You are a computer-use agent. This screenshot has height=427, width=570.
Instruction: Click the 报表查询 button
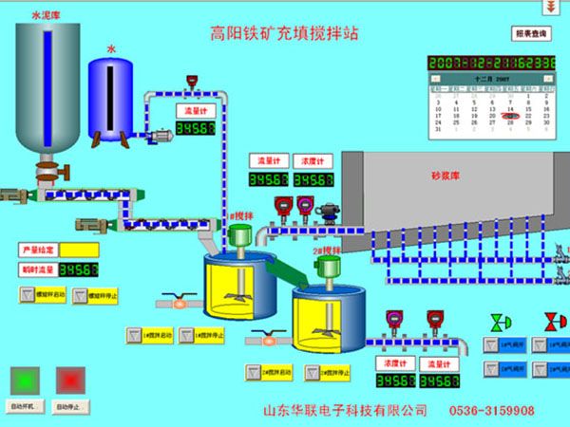[x=531, y=33]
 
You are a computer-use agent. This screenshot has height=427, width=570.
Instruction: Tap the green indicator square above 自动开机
[x=24, y=380]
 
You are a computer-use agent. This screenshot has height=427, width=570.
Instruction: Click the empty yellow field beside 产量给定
[x=80, y=250]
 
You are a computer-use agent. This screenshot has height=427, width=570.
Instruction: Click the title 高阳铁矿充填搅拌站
[x=284, y=33]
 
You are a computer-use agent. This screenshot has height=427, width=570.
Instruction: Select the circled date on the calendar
[x=510, y=116]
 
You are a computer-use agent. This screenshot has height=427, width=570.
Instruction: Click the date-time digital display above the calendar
[x=490, y=63]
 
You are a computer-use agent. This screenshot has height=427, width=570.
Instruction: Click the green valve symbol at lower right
[x=497, y=322]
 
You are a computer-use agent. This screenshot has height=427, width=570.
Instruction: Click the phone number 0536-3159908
[x=497, y=411]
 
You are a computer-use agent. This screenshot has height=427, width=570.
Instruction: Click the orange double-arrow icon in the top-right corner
[x=549, y=7]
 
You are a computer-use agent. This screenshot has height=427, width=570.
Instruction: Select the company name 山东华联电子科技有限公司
[x=345, y=411]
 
